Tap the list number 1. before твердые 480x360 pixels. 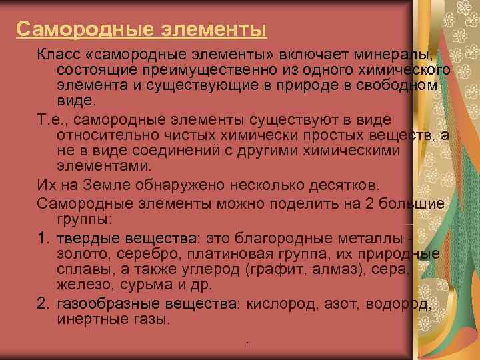pyautogui.click(x=44, y=237)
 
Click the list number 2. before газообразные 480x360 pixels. pyautogui.click(x=45, y=304)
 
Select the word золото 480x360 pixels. pyautogui.click(x=79, y=254)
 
